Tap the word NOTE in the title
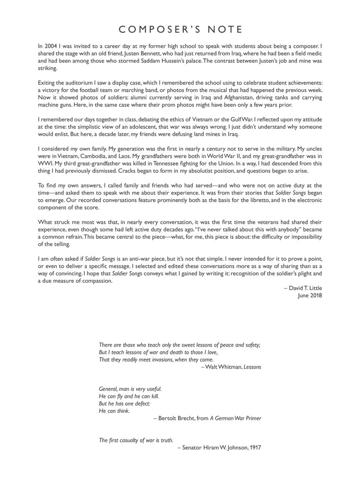click(x=223, y=29)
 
